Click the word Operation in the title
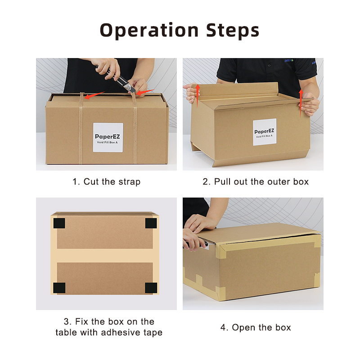pyautogui.click(x=149, y=31)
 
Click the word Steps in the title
pyautogui.click(x=233, y=31)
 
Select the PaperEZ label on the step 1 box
pyautogui.click(x=108, y=137)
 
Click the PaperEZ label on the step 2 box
pyautogui.click(x=265, y=132)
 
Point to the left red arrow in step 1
pyautogui.click(x=94, y=95)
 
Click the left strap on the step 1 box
pyautogui.click(x=81, y=128)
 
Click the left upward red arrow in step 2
pyautogui.click(x=198, y=96)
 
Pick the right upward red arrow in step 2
pyautogui.click(x=301, y=103)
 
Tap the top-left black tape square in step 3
pyautogui.click(x=59, y=223)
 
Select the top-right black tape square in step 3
pyautogui.click(x=151, y=223)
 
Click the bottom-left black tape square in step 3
pyautogui.click(x=59, y=288)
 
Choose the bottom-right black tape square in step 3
pyautogui.click(x=151, y=288)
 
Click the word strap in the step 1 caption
pyautogui.click(x=130, y=182)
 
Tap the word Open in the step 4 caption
pyautogui.click(x=242, y=328)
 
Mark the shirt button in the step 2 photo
pyautogui.click(x=269, y=65)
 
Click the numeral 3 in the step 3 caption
pyautogui.click(x=66, y=322)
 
